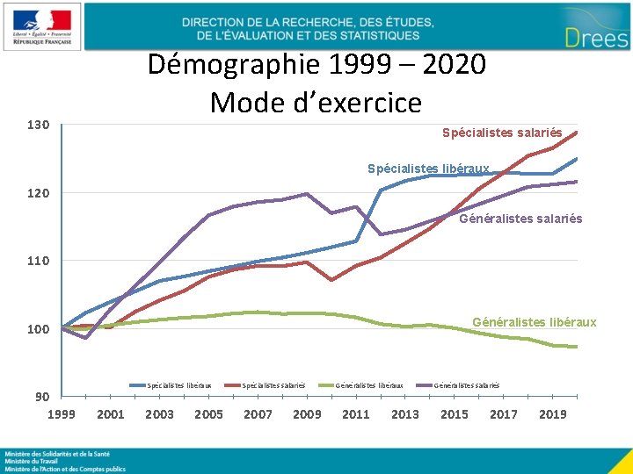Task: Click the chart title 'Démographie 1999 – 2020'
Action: [316, 65]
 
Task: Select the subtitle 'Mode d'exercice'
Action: [316, 103]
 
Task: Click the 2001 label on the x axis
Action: [110, 414]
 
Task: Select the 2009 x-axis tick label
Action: [307, 414]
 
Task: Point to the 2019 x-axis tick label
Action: [552, 414]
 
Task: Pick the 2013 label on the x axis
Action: [405, 414]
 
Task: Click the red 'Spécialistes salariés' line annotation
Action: [502, 133]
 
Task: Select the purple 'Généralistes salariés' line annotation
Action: [520, 219]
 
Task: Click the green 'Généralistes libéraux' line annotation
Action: [534, 322]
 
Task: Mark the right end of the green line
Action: [577, 347]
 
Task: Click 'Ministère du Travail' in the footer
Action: [32, 461]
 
